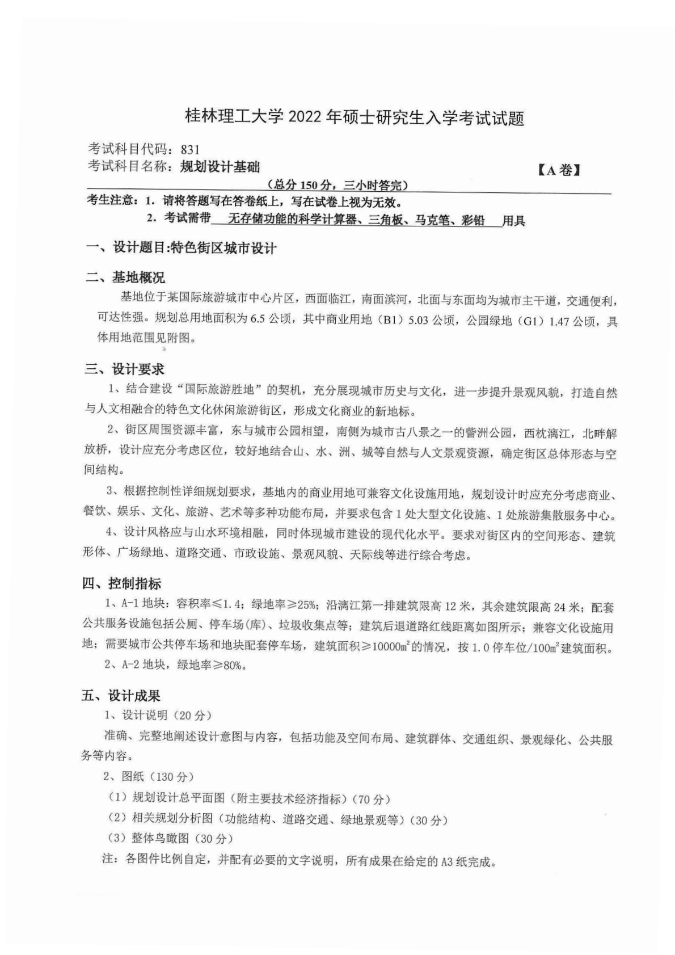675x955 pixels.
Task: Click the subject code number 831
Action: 190,150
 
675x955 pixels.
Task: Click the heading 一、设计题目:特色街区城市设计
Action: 180,248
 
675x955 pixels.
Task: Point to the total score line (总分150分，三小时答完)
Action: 337,185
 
